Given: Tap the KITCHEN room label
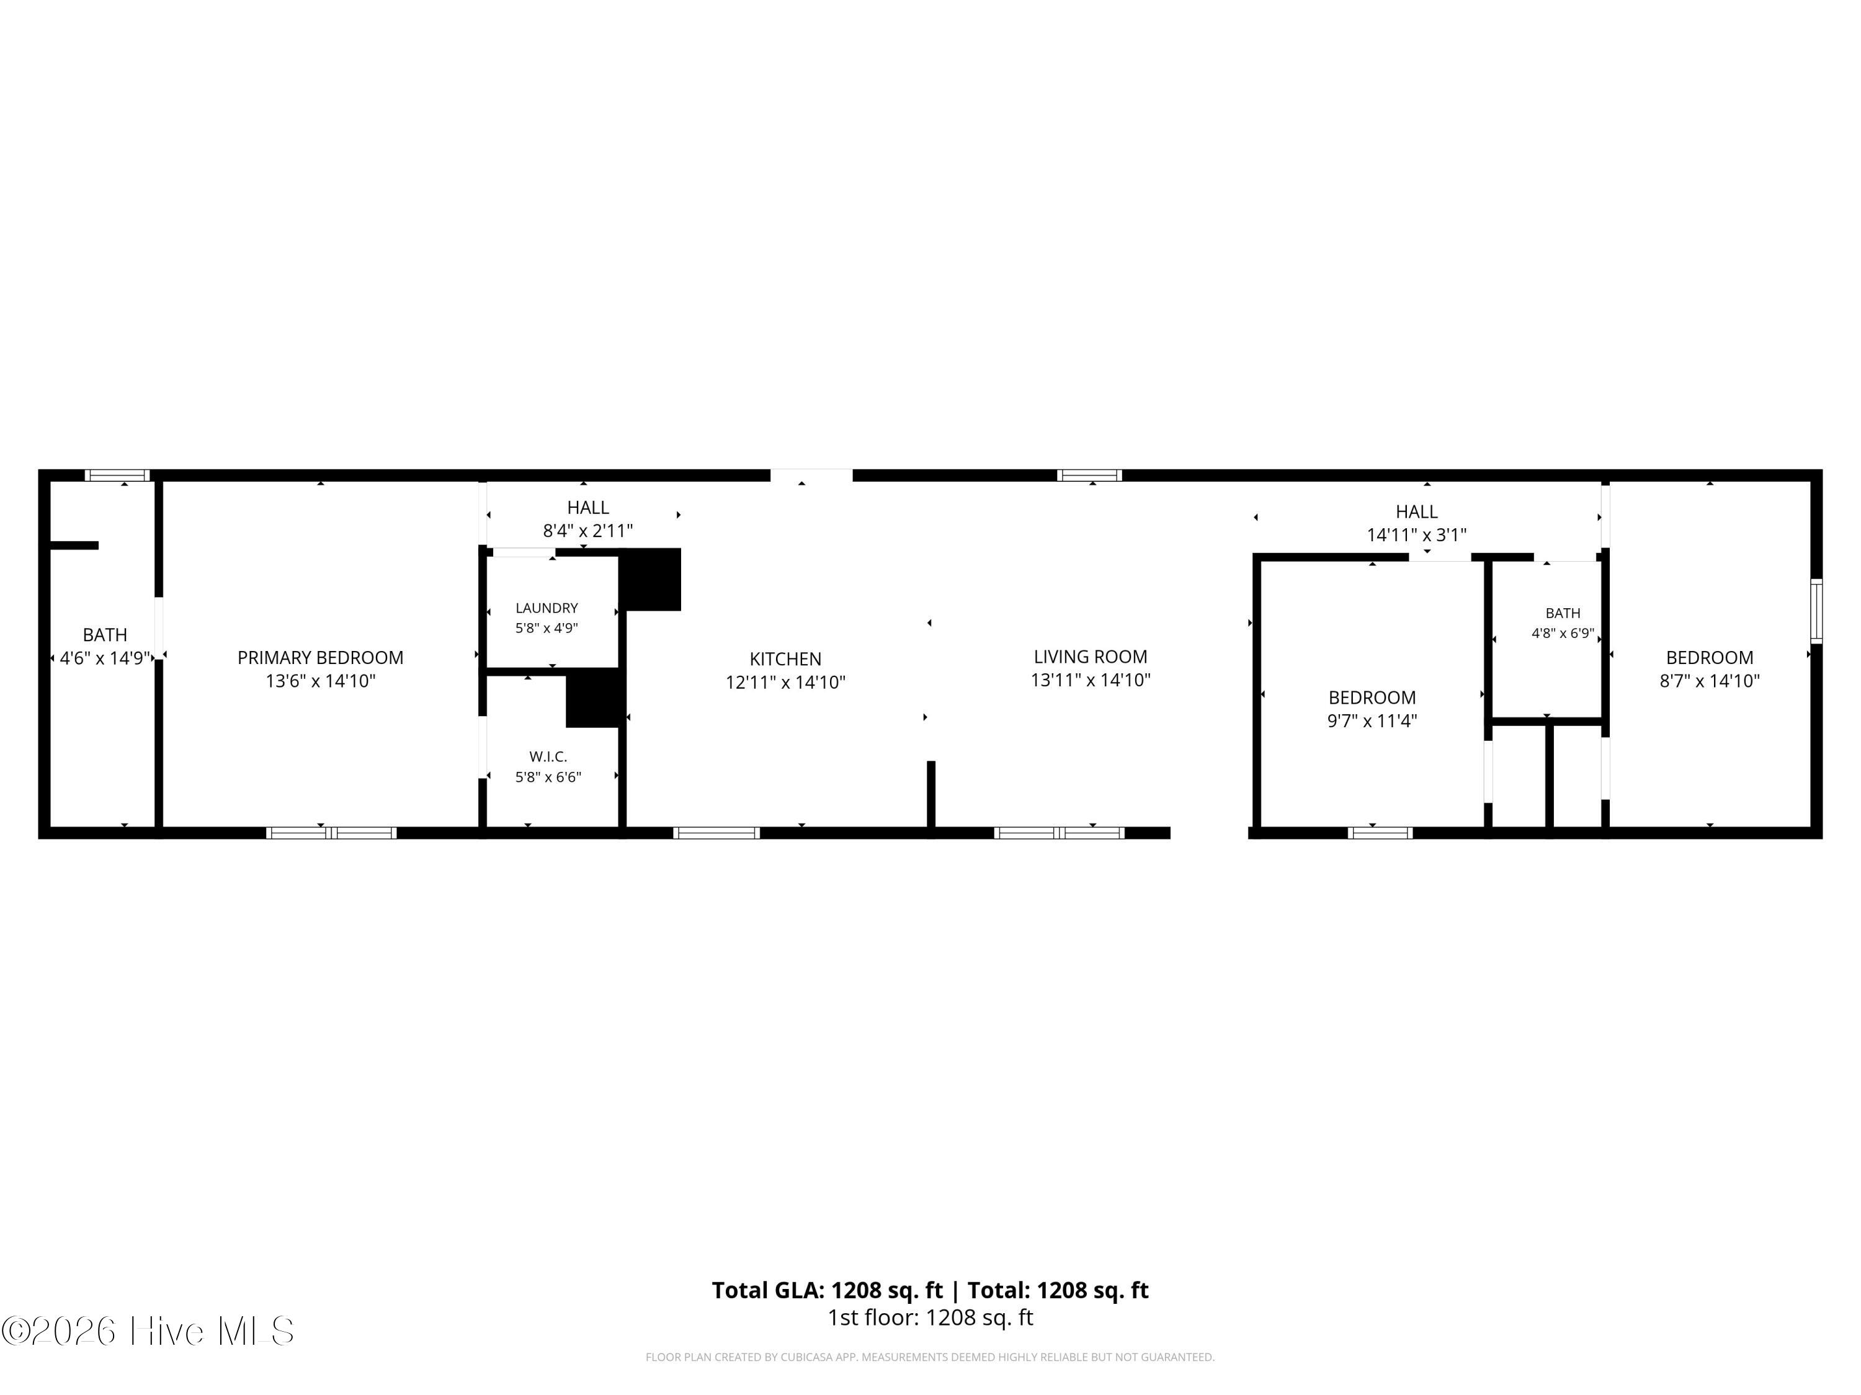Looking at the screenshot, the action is (x=785, y=659).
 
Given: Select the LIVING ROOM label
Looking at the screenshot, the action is (x=1091, y=657).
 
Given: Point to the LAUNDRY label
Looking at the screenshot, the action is (x=547, y=608).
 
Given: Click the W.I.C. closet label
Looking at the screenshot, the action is (x=548, y=757).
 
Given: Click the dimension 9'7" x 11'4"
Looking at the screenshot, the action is (x=1372, y=720).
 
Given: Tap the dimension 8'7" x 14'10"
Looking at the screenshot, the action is (x=1710, y=681).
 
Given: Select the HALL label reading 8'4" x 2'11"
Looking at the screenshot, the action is (x=587, y=508).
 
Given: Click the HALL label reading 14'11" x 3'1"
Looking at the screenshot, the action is (x=1417, y=511).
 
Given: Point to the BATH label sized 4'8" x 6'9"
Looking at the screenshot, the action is (x=1563, y=613).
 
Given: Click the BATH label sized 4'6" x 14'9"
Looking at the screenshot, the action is (x=105, y=635).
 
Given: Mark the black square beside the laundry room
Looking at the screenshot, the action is (x=650, y=579).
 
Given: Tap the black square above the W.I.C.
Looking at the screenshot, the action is (x=594, y=698).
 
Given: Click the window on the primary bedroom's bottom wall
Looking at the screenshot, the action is (x=331, y=833).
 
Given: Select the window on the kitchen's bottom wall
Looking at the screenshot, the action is (x=717, y=833).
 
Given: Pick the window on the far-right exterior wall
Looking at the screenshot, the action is (x=1816, y=611).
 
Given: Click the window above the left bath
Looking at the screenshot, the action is (x=118, y=475).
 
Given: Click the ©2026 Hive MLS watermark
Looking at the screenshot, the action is (x=148, y=1331).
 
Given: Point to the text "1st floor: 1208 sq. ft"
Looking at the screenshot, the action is (x=930, y=1317).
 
